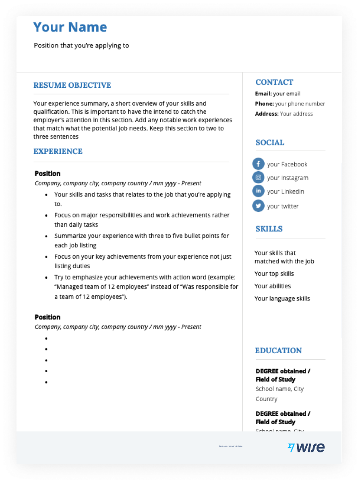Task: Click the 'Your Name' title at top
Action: (x=70, y=27)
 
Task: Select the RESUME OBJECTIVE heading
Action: (x=72, y=85)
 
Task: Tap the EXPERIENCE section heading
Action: (x=58, y=151)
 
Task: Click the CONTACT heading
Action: (x=274, y=82)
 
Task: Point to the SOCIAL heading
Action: (x=270, y=143)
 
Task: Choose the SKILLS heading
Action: (x=269, y=229)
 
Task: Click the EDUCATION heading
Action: (x=278, y=350)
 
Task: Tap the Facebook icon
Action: (x=258, y=164)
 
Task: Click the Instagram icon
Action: (x=258, y=177)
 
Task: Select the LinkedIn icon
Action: (x=258, y=191)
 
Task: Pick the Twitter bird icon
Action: (x=258, y=206)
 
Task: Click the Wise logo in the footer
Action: (x=306, y=447)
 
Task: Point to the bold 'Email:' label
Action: (x=263, y=94)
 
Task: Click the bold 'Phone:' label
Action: (x=264, y=104)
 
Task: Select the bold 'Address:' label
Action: (x=267, y=114)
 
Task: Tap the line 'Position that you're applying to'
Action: (x=81, y=46)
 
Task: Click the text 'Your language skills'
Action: (x=282, y=299)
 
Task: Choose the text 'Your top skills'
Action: (x=274, y=274)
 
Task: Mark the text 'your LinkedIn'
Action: (x=286, y=191)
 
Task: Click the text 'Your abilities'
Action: (x=272, y=286)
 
